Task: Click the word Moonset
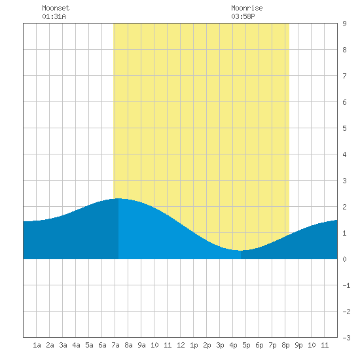[x=56, y=8]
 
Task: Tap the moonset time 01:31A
[x=54, y=16]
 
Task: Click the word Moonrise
[x=247, y=8]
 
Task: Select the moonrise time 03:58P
[x=243, y=16]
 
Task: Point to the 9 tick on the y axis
[x=344, y=24]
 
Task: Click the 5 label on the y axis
[x=344, y=128]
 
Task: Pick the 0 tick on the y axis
[x=344, y=259]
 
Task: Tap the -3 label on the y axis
[x=346, y=338]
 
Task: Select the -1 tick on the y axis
[x=346, y=285]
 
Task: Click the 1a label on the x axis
[x=37, y=345]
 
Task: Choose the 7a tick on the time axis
[x=115, y=345]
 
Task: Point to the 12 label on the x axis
[x=181, y=345]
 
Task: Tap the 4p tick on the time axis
[x=233, y=345]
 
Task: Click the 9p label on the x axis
[x=298, y=345]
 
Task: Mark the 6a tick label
[x=102, y=345]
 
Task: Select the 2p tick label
[x=207, y=345]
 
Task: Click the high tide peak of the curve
[x=118, y=198]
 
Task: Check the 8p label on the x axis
[x=285, y=345]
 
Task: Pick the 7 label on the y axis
[x=344, y=76]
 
